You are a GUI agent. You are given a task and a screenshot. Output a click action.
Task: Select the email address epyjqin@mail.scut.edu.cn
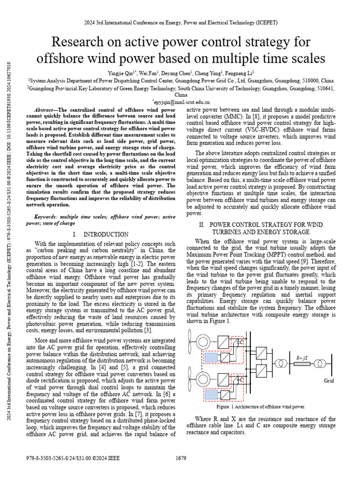click(181, 101)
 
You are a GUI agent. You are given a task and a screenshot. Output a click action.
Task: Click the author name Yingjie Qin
click(121, 73)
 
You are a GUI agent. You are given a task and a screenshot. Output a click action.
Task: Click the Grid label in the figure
click(329, 380)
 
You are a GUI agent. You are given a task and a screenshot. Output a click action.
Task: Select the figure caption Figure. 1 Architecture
click(261, 407)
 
